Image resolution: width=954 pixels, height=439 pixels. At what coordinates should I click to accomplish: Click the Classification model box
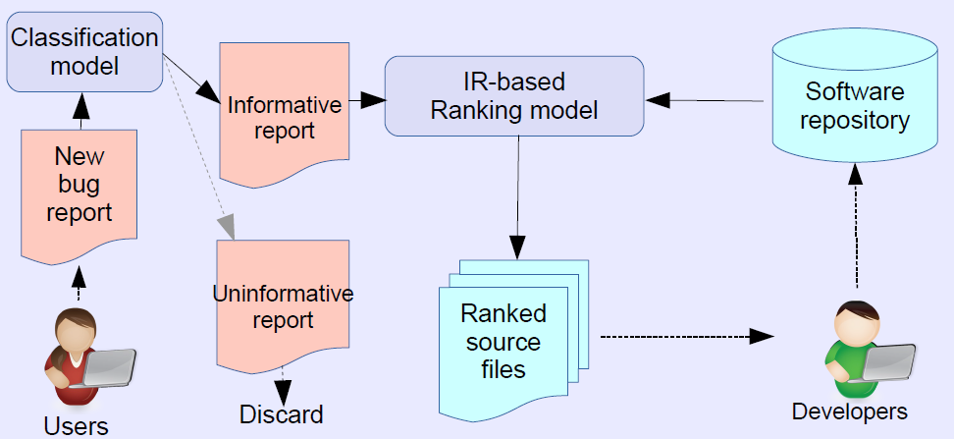[x=83, y=52]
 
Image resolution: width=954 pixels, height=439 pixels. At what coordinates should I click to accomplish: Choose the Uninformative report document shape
[x=283, y=304]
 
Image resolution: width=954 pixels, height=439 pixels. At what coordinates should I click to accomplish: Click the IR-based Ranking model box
[x=513, y=95]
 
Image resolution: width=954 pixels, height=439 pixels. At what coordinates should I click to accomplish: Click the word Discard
[x=281, y=414]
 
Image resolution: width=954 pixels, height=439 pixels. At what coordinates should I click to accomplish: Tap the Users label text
[x=76, y=425]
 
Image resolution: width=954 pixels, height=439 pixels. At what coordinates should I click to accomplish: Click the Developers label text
[x=849, y=411]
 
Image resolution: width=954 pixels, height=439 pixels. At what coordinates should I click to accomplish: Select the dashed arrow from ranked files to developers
[x=687, y=336]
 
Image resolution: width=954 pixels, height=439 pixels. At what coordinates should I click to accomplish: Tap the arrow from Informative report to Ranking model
[x=363, y=99]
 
